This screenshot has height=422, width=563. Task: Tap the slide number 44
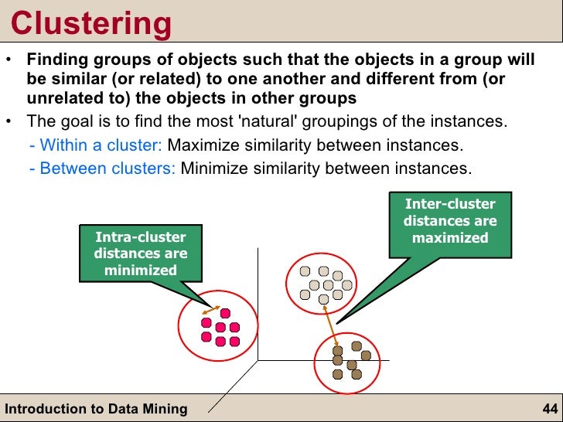pyautogui.click(x=550, y=409)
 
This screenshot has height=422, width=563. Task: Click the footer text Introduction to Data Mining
pyautogui.click(x=96, y=409)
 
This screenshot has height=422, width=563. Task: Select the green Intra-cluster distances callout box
pyautogui.click(x=140, y=253)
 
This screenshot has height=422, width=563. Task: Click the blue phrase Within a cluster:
pyautogui.click(x=101, y=145)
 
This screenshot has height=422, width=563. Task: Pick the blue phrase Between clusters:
pyautogui.click(x=107, y=168)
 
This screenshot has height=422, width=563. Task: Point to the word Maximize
pyautogui.click(x=201, y=145)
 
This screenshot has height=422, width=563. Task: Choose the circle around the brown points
pyautogui.click(x=348, y=361)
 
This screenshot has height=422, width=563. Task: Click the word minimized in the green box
pyautogui.click(x=140, y=270)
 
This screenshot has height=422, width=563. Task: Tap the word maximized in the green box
pyautogui.click(x=449, y=237)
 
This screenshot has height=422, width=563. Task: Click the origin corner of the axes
pyautogui.click(x=257, y=360)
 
